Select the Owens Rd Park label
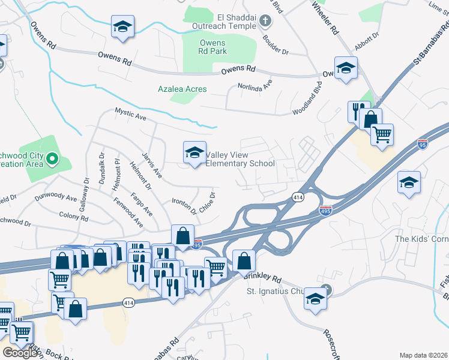212,47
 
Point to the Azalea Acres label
182,89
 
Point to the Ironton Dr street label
184,206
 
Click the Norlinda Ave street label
255,85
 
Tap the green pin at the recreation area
52,159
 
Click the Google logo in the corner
20,352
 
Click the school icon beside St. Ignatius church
315,298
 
